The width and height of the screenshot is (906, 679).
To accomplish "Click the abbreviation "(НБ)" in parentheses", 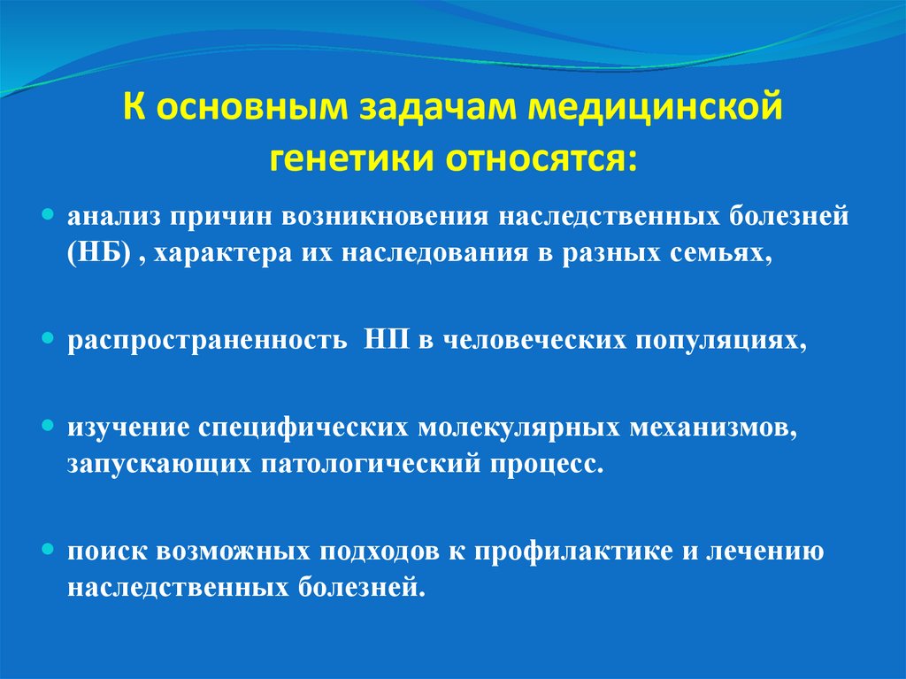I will click(x=99, y=253).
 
